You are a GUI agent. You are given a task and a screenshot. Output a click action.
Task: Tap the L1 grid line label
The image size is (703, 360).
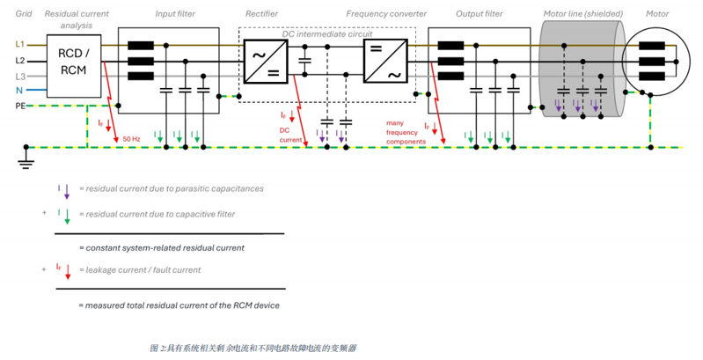point(19,44)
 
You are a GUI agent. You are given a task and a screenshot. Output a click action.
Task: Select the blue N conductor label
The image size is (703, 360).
point(19,90)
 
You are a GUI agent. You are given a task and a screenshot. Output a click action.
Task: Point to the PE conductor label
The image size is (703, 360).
point(20,106)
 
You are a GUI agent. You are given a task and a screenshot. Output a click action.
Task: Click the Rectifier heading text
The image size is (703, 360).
point(261,14)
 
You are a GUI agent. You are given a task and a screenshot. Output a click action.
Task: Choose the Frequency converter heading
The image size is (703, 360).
point(386,14)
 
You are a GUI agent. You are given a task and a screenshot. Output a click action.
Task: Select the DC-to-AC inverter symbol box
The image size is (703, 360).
point(385,61)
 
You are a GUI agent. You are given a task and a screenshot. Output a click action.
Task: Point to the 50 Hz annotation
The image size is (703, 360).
point(131,138)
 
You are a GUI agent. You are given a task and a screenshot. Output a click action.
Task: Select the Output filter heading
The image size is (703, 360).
point(480,14)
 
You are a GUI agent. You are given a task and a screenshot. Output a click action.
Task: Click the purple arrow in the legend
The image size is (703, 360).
point(66,191)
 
